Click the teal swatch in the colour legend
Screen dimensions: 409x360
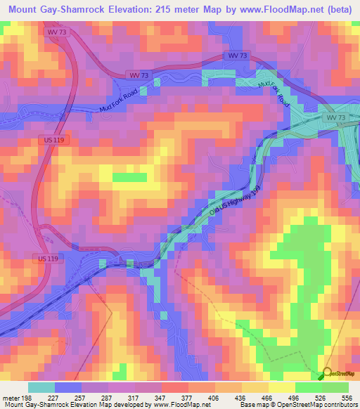click(40, 387)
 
